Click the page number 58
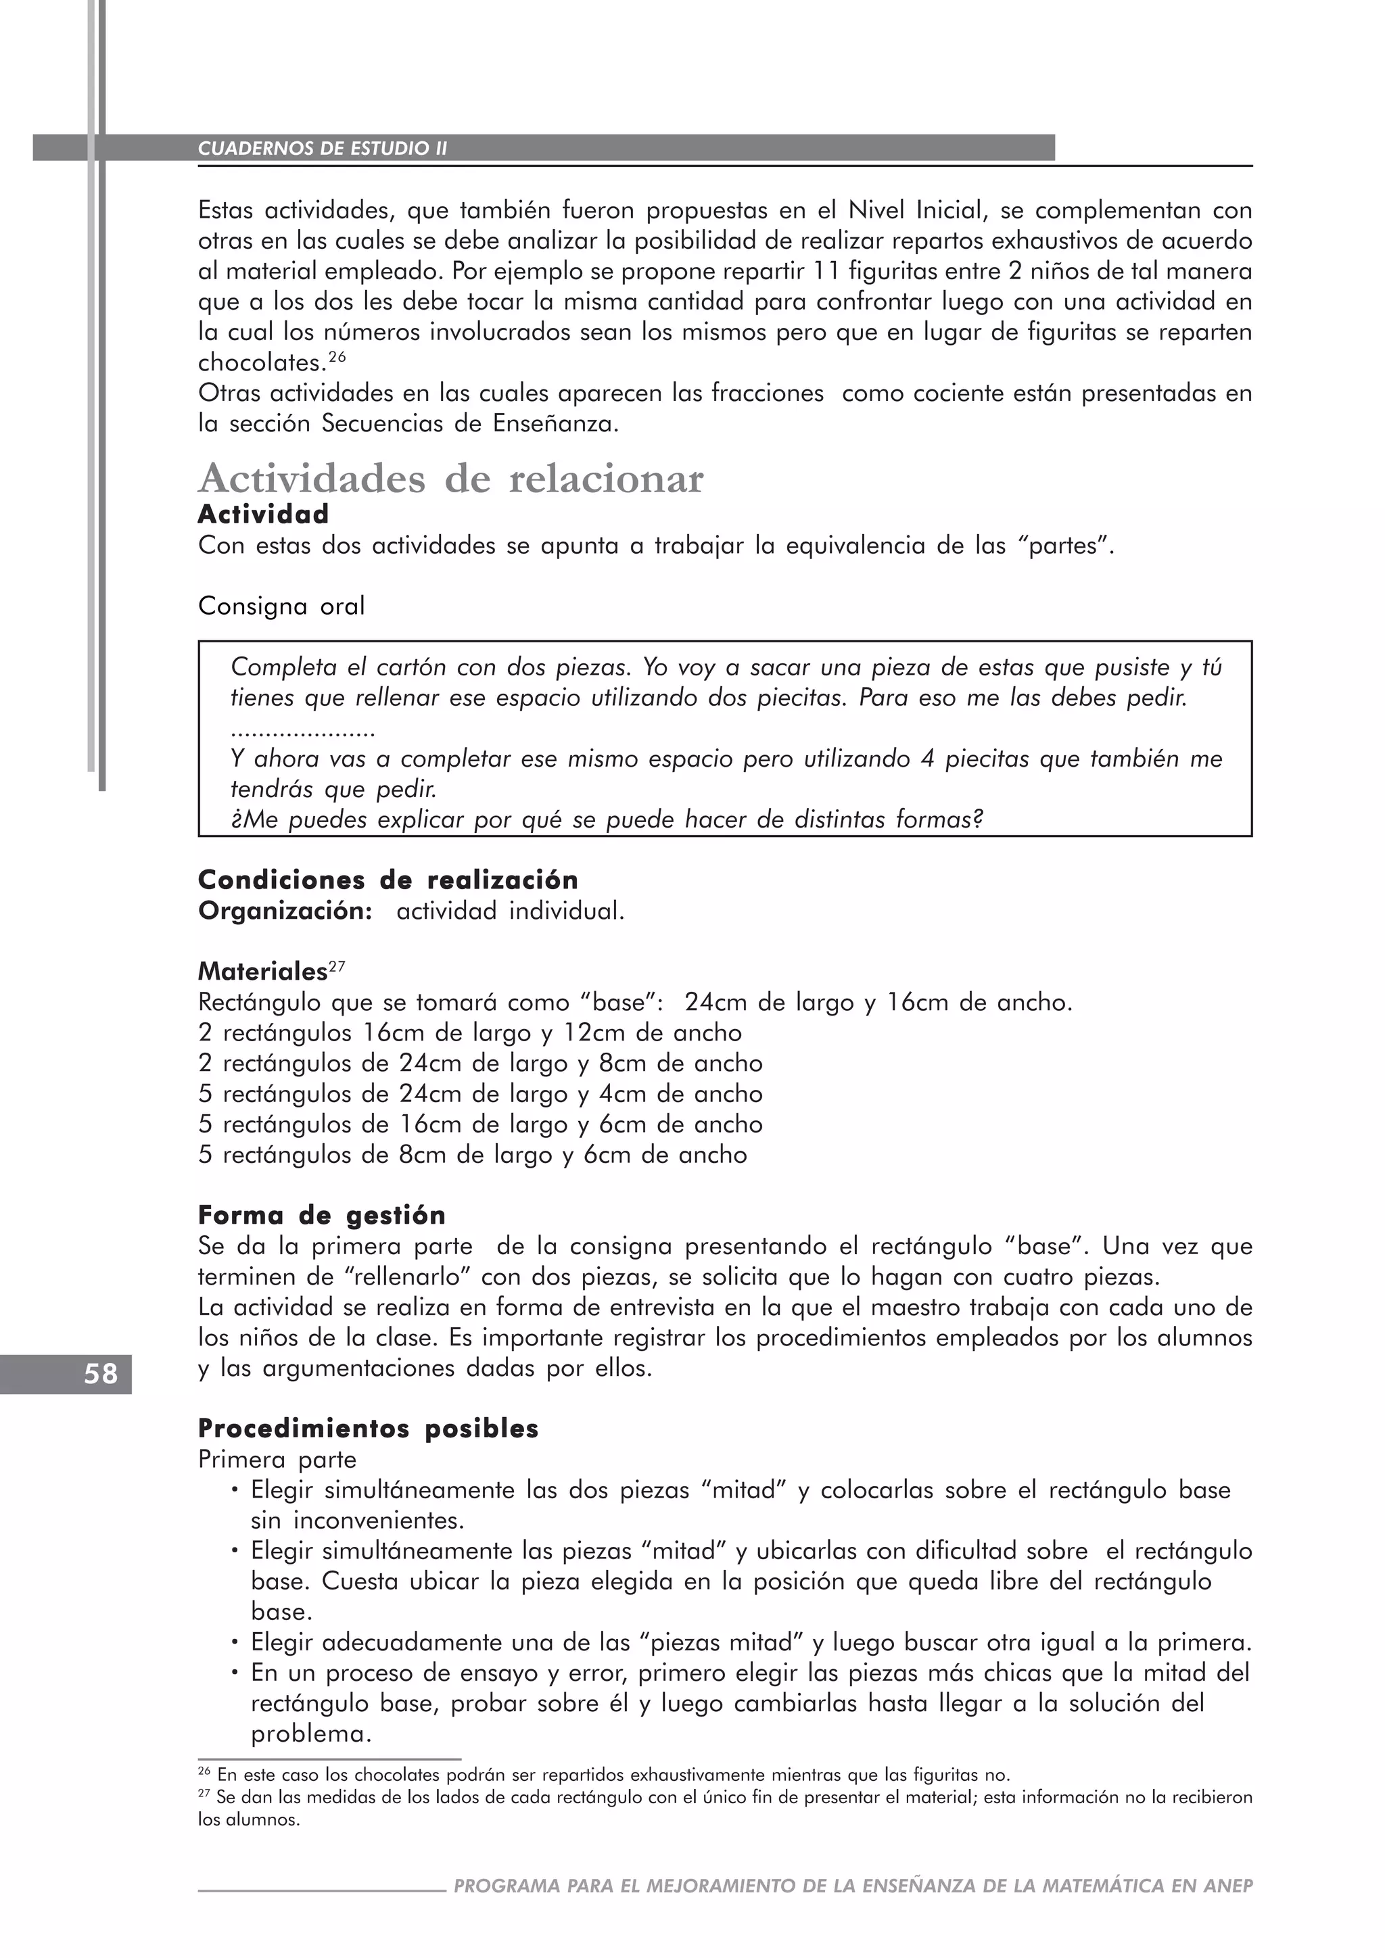pyautogui.click(x=101, y=1374)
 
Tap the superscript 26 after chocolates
pyautogui.click(x=337, y=356)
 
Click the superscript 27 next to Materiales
pyautogui.click(x=337, y=966)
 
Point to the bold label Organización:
pyautogui.click(x=285, y=911)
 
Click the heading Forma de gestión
pyautogui.click(x=321, y=1214)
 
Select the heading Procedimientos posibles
pyautogui.click(x=368, y=1429)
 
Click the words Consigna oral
pyautogui.click(x=281, y=606)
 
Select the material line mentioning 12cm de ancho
pyautogui.click(x=470, y=1032)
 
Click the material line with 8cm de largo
pyautogui.click(x=473, y=1155)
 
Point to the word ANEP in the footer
pyautogui.click(x=1228, y=1886)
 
